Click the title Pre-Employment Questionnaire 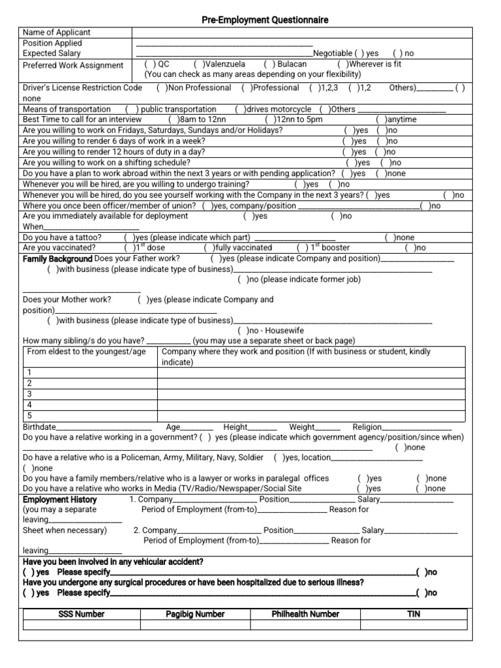265,20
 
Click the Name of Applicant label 57,32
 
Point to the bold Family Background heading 57,258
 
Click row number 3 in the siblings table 29,394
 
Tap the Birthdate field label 39,427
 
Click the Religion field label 367,427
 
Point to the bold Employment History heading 60,499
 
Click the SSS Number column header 81,614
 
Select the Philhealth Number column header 305,614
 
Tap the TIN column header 414,614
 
